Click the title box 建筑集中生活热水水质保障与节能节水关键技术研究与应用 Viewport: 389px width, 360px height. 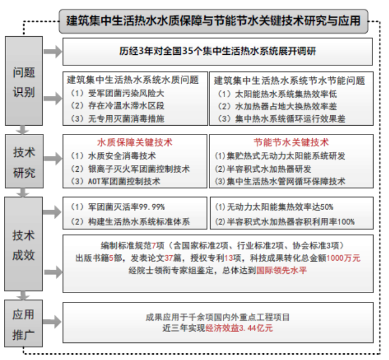[213, 21]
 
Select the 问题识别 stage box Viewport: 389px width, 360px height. [24, 81]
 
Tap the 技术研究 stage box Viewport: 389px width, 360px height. [24, 161]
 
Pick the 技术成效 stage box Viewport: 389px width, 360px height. [24, 244]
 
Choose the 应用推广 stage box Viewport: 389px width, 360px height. [24, 323]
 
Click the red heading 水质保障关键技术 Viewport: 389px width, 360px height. [135, 143]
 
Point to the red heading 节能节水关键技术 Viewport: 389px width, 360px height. [291, 143]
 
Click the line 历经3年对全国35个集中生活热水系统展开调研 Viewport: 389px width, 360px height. [218, 52]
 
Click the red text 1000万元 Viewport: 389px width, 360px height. [343, 258]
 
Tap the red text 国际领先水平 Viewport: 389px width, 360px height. [281, 270]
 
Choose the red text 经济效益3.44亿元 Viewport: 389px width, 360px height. [239, 328]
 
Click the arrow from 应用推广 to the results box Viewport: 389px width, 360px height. [52, 322]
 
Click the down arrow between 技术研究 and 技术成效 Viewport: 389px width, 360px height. [23, 193]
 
